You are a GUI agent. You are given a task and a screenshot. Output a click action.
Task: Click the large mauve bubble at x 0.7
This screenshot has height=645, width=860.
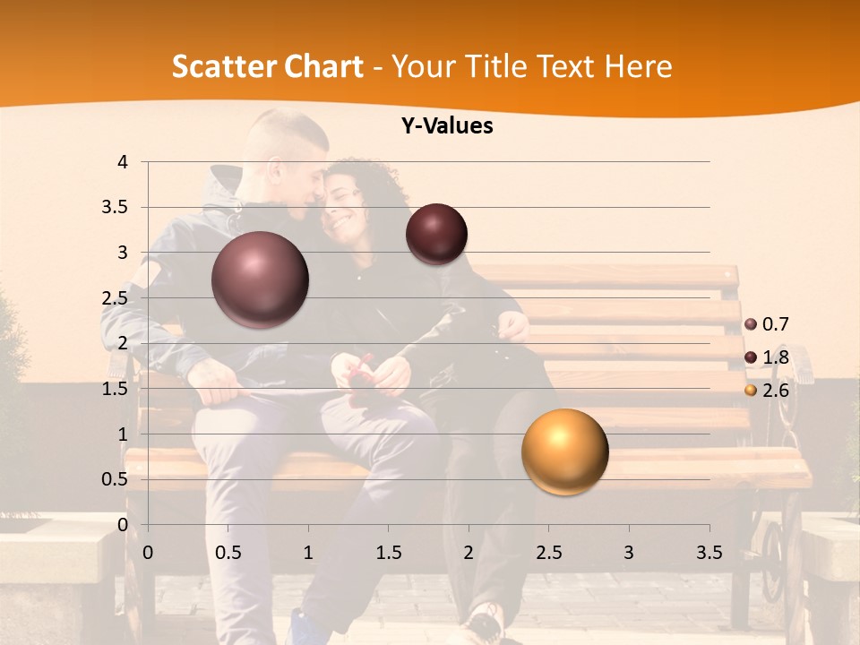click(x=260, y=279)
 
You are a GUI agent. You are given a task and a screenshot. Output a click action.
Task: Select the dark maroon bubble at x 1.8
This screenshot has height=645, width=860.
click(x=436, y=234)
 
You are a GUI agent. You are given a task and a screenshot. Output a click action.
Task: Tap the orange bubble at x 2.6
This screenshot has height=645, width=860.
click(x=564, y=451)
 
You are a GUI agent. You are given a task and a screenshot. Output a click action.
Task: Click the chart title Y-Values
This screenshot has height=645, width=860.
click(x=446, y=126)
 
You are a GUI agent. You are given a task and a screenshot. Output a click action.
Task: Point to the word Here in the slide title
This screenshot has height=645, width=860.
click(x=638, y=66)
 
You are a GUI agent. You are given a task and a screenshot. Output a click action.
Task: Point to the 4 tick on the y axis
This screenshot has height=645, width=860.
click(x=123, y=162)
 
